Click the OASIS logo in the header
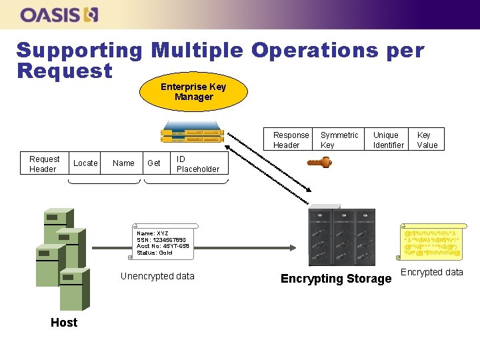(x=59, y=15)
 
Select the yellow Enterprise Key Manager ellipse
(x=193, y=92)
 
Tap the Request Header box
(x=45, y=164)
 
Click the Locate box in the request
(x=85, y=163)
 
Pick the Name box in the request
(x=123, y=163)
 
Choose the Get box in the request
(x=154, y=163)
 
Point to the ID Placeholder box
(x=197, y=164)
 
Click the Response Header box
(x=291, y=140)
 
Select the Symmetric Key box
(x=339, y=140)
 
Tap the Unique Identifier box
(x=388, y=140)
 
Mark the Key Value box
(x=427, y=140)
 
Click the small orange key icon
(x=319, y=163)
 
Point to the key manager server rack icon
(x=192, y=135)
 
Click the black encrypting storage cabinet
(x=336, y=237)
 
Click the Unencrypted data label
(x=157, y=276)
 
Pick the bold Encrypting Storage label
(x=336, y=279)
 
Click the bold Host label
(x=64, y=323)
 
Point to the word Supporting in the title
(x=79, y=51)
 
